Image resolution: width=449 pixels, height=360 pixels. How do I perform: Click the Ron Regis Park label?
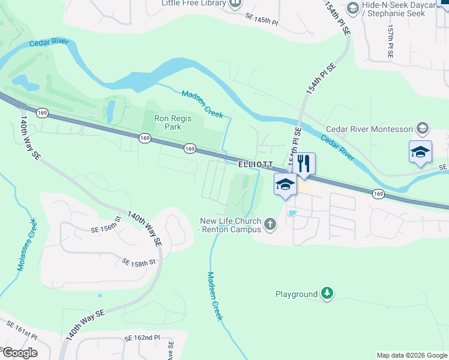point(173,122)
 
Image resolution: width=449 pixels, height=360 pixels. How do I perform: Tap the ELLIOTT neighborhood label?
point(256,164)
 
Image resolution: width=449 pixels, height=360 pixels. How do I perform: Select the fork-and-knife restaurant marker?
point(304,164)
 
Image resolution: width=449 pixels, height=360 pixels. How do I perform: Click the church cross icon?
point(271,225)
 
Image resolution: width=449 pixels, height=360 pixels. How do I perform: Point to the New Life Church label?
point(231,225)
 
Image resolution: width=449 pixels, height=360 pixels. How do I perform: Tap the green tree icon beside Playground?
point(327,293)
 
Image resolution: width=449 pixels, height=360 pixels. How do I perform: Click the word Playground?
point(296,294)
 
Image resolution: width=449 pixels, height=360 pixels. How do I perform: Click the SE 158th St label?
point(139,262)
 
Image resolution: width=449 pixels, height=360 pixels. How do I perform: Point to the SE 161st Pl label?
point(22,331)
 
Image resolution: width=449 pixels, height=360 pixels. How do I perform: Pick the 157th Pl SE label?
point(390,40)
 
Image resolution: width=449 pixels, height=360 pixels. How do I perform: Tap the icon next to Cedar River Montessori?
point(423,128)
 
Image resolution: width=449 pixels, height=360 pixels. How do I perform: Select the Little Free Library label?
point(194,3)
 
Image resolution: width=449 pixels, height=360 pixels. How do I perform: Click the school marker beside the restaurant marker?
point(285,185)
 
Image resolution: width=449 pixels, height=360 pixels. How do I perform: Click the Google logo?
point(19,353)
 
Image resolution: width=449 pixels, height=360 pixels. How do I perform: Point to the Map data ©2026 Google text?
point(412,355)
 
